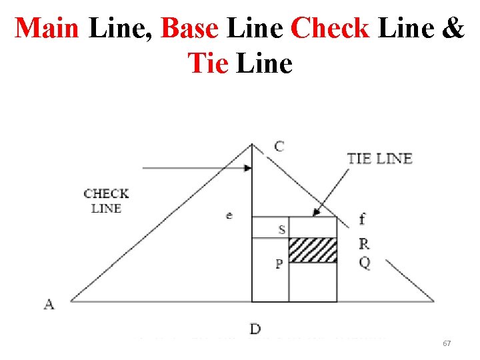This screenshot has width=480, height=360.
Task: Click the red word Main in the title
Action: (x=48, y=28)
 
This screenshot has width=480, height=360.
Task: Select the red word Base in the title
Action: (x=189, y=28)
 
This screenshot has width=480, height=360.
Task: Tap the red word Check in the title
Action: (x=330, y=28)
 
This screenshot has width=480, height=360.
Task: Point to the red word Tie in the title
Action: (x=208, y=63)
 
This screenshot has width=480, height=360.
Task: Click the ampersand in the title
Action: (x=452, y=28)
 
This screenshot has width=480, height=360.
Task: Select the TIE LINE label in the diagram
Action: (x=379, y=159)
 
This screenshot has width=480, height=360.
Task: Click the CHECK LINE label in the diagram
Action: (x=106, y=201)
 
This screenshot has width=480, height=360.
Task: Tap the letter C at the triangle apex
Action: (x=279, y=146)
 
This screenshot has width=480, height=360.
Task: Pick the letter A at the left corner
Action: (x=49, y=304)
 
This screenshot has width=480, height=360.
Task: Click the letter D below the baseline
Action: (x=255, y=328)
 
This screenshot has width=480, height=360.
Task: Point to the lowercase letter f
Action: (x=362, y=219)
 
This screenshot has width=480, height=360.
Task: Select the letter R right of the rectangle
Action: (x=363, y=243)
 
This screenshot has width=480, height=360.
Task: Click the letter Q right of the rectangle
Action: (x=364, y=263)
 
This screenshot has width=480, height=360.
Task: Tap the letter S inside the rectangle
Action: (x=282, y=230)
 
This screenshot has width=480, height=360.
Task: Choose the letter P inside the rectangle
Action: (x=279, y=264)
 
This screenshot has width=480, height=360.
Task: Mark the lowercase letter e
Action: (x=229, y=215)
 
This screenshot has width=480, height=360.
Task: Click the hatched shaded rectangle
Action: (x=313, y=250)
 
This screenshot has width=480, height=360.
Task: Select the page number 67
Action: (x=447, y=343)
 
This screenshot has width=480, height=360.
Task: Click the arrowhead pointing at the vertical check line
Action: (x=248, y=168)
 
